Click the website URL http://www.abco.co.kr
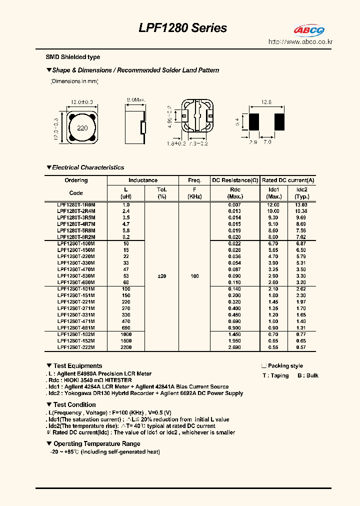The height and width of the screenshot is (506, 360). point(300,42)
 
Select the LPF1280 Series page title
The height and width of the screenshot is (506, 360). point(182,28)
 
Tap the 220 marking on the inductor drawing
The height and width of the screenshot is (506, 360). point(82,128)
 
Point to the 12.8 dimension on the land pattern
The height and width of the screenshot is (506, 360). point(266,102)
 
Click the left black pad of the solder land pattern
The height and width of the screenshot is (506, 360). point(253,121)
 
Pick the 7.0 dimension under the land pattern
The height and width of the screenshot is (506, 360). point(267,142)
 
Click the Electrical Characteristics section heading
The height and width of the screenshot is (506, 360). point(88,167)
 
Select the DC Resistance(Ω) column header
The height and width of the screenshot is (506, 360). point(235,180)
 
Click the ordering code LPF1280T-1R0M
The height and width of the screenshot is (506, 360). point(76,205)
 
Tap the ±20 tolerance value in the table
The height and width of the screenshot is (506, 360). point(162,276)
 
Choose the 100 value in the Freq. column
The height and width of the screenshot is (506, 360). point(194,276)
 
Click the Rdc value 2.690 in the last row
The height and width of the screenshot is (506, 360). point(234,347)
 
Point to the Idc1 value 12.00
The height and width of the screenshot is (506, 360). point(273,205)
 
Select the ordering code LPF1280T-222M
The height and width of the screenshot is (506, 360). point(76,347)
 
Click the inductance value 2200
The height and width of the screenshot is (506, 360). point(125,347)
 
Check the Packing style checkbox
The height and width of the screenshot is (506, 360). point(263,366)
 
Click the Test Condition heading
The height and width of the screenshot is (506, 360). point(74,404)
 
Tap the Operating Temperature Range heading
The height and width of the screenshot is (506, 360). point(96,443)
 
